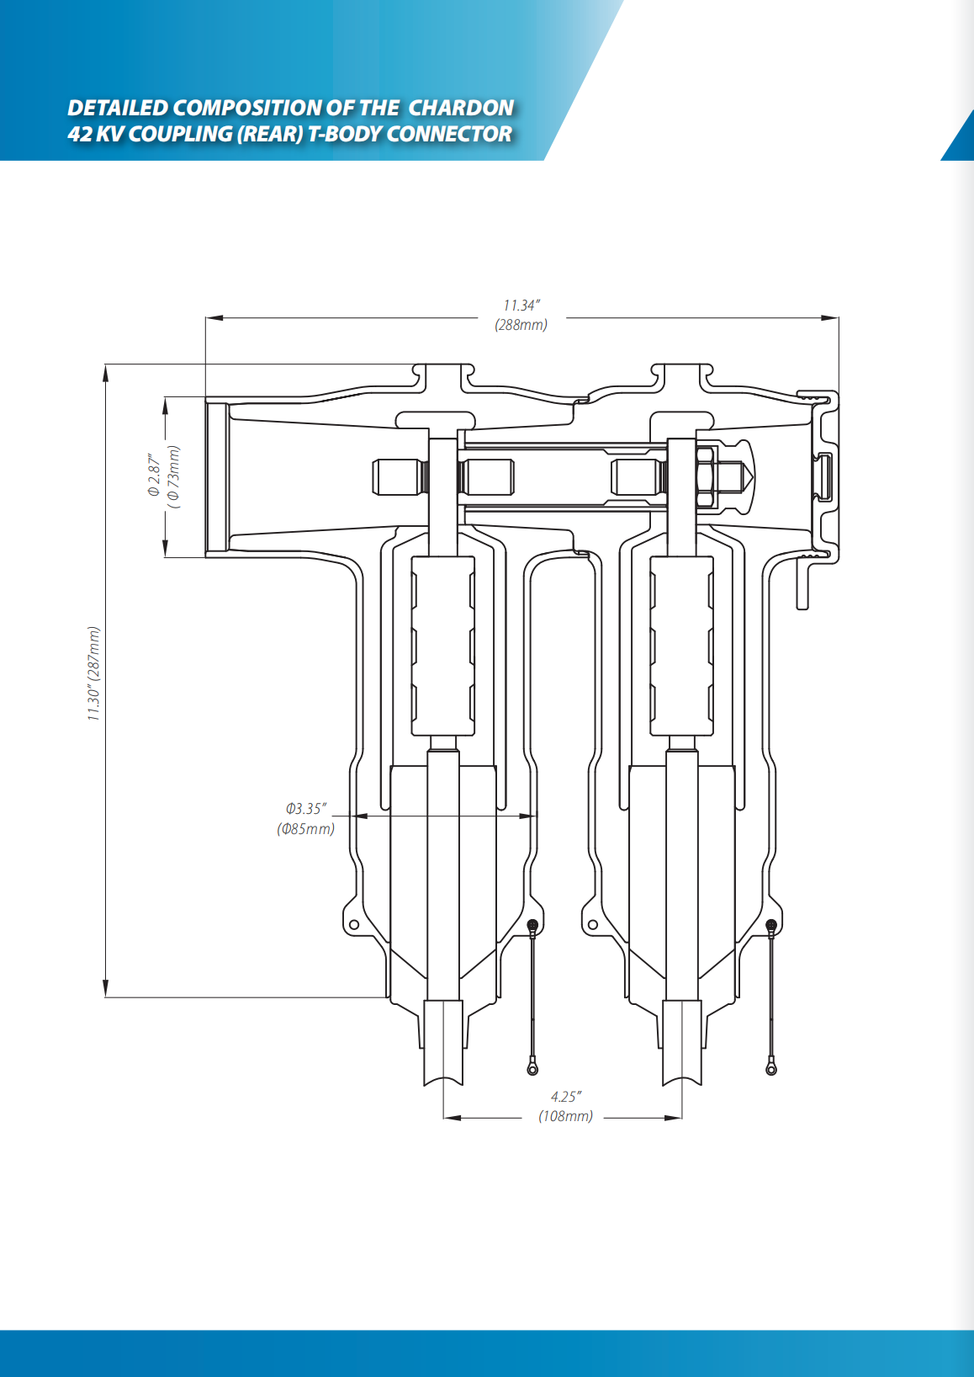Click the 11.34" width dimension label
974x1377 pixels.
[x=521, y=306]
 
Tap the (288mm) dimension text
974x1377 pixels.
[x=521, y=325]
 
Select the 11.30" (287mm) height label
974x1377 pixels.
[x=93, y=673]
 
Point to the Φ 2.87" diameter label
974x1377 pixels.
[x=154, y=476]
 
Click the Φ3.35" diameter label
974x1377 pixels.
[x=306, y=809]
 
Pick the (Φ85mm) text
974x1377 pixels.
[x=306, y=829]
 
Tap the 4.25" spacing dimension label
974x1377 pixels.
[x=566, y=1097]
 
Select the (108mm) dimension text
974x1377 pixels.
[x=566, y=1116]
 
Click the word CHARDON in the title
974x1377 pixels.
[x=461, y=108]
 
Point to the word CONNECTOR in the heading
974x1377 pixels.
[x=449, y=134]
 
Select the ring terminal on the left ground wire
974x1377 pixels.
[x=532, y=1068]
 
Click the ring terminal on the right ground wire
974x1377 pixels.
[x=771, y=1068]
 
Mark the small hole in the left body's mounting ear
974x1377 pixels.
[x=354, y=924]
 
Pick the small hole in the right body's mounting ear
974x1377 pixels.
[x=593, y=924]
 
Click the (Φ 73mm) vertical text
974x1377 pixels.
[x=174, y=476]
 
